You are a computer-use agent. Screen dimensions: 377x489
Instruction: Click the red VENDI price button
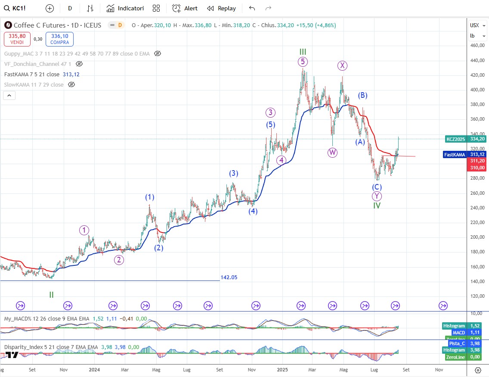(17, 39)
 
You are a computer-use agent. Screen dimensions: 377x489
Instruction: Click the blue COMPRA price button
(60, 39)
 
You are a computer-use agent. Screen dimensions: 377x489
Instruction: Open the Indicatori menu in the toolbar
(125, 8)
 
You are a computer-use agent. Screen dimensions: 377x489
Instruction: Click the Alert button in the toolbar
(185, 8)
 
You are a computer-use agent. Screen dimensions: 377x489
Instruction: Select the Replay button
(221, 8)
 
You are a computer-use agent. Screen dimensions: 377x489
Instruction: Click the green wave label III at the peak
(303, 52)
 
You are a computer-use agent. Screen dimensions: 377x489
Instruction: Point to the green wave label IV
(377, 206)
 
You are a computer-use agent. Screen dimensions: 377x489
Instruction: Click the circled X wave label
(342, 65)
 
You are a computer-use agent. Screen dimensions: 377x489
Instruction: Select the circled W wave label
(332, 153)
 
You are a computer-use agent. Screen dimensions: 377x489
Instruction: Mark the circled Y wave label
(377, 196)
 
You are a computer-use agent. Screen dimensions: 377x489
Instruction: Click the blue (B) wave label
(363, 95)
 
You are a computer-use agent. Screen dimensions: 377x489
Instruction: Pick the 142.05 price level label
(229, 277)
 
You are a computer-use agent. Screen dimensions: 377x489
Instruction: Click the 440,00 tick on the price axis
(476, 61)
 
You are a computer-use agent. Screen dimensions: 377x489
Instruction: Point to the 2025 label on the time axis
(283, 370)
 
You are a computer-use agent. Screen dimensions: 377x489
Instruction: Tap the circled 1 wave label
(84, 230)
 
